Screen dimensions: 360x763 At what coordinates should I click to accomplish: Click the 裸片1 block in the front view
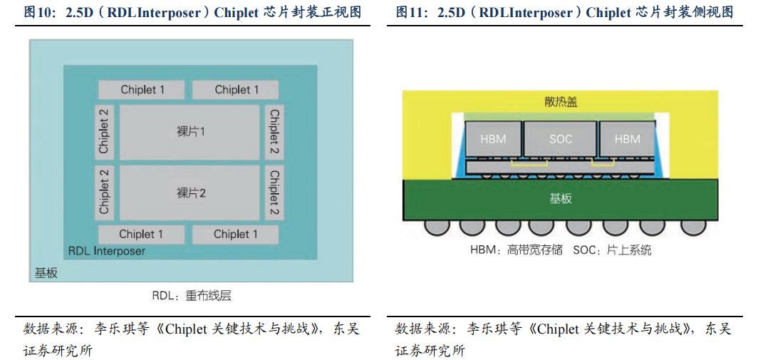click(x=190, y=133)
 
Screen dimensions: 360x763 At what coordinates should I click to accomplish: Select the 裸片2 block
click(x=190, y=193)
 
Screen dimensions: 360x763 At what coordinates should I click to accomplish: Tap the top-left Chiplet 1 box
click(x=142, y=90)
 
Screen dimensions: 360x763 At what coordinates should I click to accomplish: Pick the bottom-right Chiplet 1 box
click(x=236, y=235)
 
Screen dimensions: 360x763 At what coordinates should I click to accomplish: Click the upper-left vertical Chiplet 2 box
click(x=105, y=132)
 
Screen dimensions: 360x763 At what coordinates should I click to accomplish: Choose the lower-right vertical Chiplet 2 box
click(x=274, y=193)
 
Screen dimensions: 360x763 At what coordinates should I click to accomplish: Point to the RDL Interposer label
click(x=107, y=251)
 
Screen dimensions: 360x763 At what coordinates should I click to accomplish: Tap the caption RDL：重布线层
click(x=191, y=296)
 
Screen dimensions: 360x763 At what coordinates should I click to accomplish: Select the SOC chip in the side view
click(x=561, y=139)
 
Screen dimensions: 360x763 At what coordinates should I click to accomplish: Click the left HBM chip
click(x=493, y=139)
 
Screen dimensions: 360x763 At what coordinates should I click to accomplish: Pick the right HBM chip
click(x=627, y=139)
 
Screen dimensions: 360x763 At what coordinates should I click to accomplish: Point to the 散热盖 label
click(x=561, y=102)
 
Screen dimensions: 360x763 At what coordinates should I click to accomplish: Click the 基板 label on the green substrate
click(x=561, y=199)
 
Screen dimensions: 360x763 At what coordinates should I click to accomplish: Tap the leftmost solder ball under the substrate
click(x=435, y=227)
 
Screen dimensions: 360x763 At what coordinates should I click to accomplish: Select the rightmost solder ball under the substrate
click(x=688, y=227)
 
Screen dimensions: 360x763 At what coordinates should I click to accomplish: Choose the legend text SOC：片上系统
click(x=612, y=250)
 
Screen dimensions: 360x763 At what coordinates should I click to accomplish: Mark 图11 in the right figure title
click(x=410, y=12)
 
